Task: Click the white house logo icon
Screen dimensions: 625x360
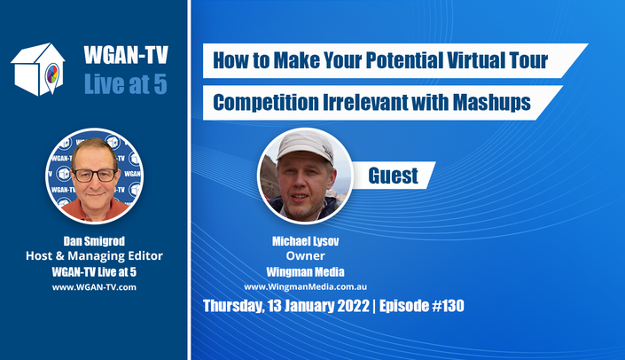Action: (38, 69)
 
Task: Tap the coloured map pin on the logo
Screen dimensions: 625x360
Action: (52, 75)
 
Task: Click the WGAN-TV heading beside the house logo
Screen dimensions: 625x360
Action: (126, 55)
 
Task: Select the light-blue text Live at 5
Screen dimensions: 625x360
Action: (126, 84)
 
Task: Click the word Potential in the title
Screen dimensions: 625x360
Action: (403, 60)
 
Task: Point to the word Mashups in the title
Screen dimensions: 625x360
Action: (491, 102)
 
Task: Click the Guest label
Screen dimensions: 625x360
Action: (393, 176)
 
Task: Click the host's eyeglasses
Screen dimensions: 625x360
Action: (95, 176)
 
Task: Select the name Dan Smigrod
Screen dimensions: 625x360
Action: (94, 241)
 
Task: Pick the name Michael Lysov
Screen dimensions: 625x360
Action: (305, 241)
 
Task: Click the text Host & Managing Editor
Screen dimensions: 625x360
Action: (94, 256)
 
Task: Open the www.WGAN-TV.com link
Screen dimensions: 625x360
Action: (94, 287)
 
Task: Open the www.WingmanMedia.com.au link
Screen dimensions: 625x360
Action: (305, 287)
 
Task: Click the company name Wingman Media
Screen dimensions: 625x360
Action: (305, 272)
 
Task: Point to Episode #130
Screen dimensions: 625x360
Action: (422, 306)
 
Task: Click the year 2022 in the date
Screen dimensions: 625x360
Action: (353, 306)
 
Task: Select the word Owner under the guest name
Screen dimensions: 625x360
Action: (305, 256)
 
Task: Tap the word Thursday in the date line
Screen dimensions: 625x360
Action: (233, 306)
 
